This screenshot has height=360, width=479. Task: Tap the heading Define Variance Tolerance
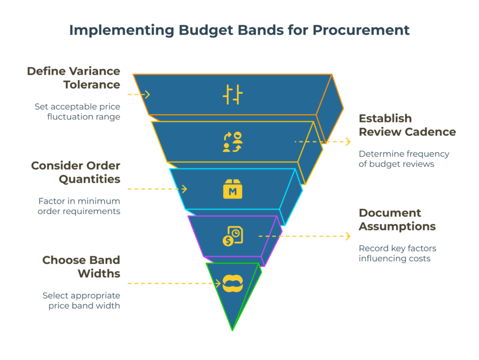tap(73, 78)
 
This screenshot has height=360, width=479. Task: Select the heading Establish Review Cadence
tap(407, 125)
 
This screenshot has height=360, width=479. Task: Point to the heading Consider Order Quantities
tap(75, 172)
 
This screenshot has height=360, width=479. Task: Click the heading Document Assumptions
tap(397, 220)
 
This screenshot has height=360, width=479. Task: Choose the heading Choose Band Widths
tap(81, 267)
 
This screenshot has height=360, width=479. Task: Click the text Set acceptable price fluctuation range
tap(77, 111)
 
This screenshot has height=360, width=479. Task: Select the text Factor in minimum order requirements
tap(79, 206)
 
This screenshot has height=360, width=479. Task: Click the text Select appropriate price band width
tap(81, 301)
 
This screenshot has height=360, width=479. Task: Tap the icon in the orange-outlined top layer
tap(232, 95)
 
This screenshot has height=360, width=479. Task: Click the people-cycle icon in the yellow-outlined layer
tap(232, 142)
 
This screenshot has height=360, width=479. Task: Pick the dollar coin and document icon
tap(232, 236)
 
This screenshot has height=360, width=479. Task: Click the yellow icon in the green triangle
tap(232, 283)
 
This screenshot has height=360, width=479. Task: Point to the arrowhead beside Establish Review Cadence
tap(348, 141)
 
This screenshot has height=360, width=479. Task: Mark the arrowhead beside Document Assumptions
tap(348, 236)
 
